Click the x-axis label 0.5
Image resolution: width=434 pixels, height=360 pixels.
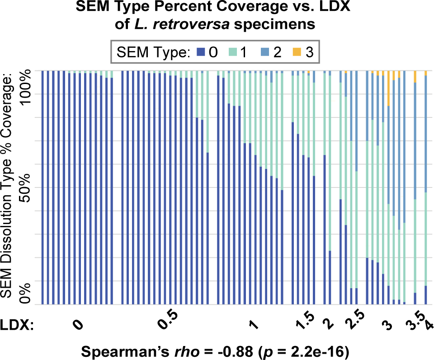point(168,323)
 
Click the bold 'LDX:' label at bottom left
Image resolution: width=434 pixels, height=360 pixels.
point(17,325)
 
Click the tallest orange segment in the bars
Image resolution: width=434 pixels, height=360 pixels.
point(389,89)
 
